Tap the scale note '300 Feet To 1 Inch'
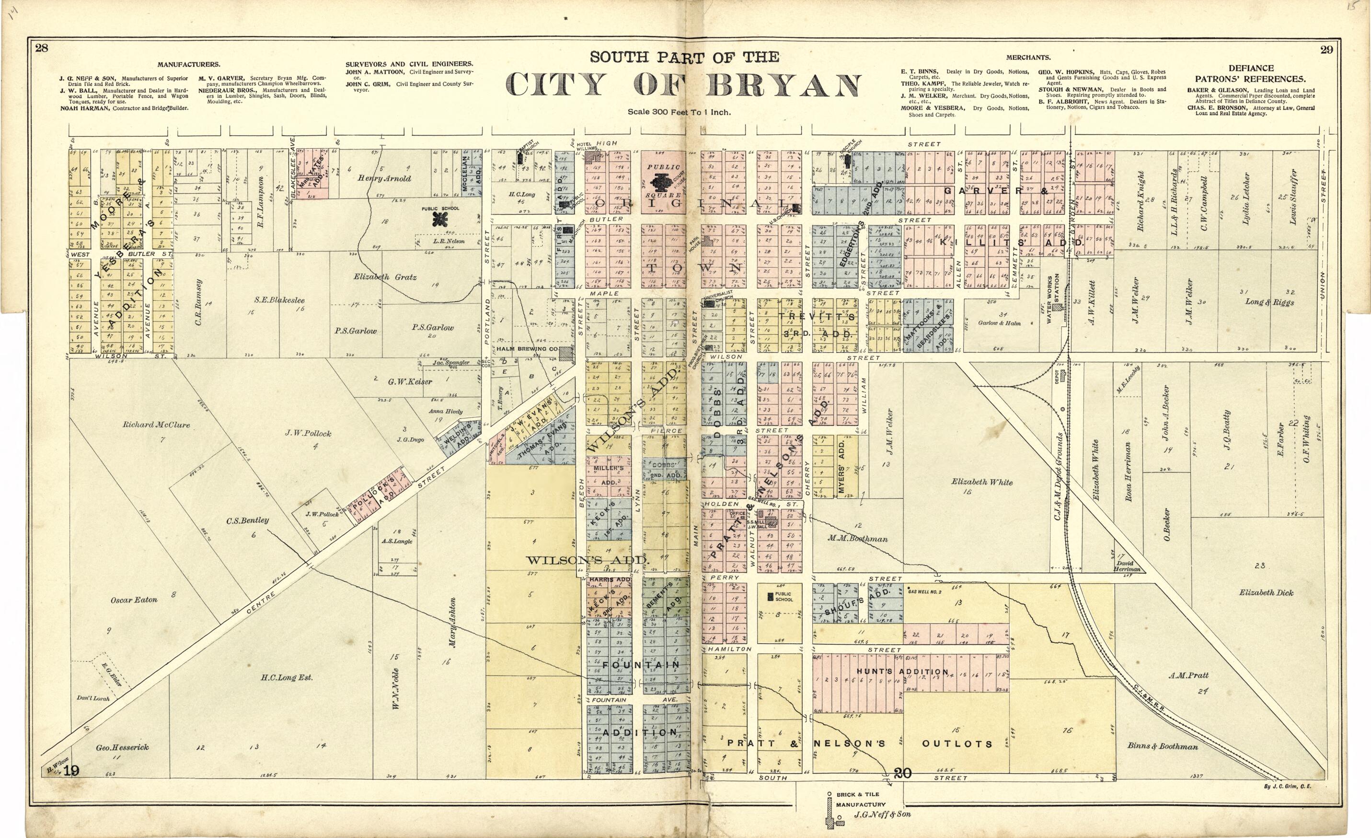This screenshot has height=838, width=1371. point(679,112)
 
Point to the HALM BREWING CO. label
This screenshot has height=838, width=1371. point(527,349)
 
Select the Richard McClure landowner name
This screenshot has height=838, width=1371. point(156,425)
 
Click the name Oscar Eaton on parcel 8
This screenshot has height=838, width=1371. point(134,600)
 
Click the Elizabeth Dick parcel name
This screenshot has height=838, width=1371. point(1266,592)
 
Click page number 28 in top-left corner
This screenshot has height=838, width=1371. point(42,48)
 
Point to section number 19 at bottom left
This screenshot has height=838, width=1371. point(71,771)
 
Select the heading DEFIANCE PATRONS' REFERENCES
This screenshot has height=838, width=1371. point(1251,73)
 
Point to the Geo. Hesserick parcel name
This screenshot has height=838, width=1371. point(122,747)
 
